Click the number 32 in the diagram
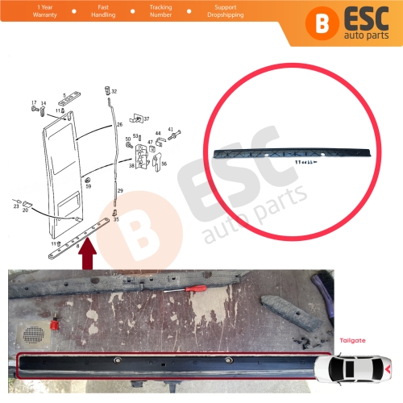coord(114,91)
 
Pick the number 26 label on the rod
coord(119,125)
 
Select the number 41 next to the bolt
coord(170,129)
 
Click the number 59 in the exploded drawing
coord(88,186)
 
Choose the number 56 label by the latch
coord(164,164)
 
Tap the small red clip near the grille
coord(55,326)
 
